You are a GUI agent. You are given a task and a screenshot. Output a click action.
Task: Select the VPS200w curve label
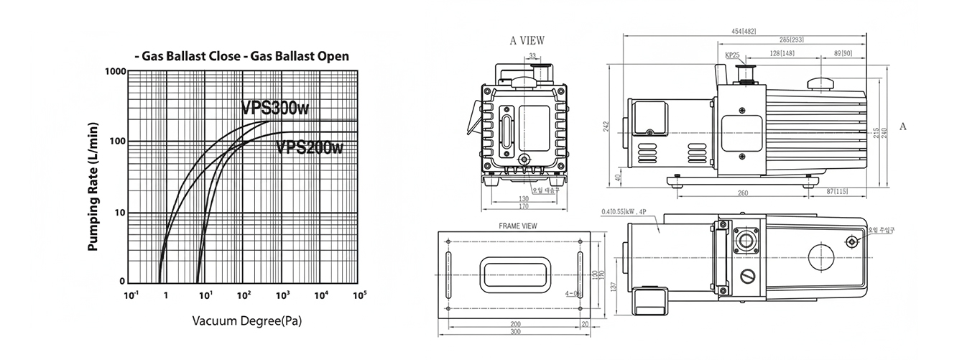pos(310,147)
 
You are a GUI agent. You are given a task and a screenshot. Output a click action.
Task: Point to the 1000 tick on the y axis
pos(115,72)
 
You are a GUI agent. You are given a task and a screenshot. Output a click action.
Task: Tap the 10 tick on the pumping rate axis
pos(119,213)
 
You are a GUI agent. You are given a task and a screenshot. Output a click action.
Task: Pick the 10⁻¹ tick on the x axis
pos(131,295)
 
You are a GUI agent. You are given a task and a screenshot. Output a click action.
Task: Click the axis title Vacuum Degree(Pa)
pos(246,321)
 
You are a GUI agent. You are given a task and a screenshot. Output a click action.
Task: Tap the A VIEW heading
pos(527,41)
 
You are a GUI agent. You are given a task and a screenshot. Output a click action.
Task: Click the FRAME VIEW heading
pos(518,226)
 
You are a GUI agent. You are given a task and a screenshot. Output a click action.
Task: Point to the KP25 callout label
pos(732,55)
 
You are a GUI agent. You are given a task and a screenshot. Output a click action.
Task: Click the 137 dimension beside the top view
pos(613,286)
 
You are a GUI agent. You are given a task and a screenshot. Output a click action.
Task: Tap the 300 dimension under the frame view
pos(514,333)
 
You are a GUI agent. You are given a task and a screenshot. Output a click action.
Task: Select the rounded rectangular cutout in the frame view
pos(514,275)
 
